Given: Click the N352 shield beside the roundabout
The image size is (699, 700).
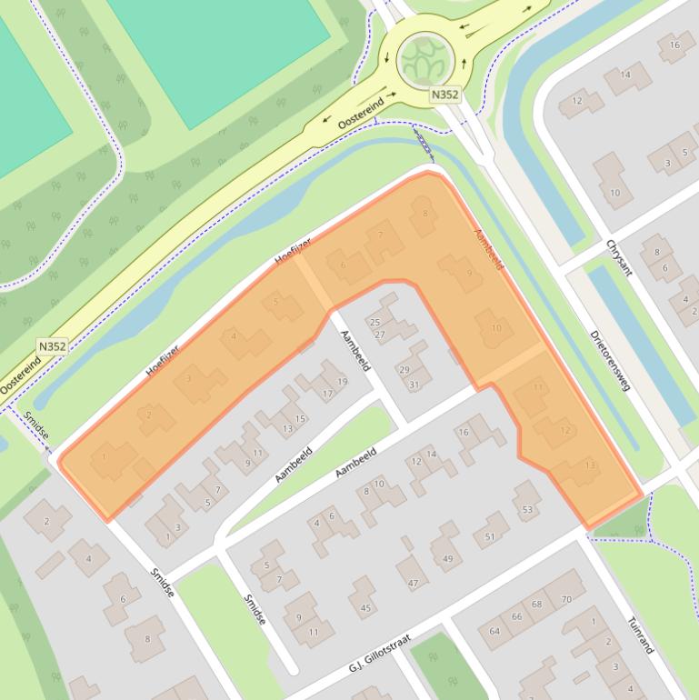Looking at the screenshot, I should point(444,94).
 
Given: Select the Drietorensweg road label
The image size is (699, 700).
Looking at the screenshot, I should point(608,360).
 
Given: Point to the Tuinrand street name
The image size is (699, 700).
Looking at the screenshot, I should point(640,635).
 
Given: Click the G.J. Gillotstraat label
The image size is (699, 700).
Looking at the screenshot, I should point(380,654).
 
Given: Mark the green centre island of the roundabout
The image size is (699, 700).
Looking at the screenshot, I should point(424,59).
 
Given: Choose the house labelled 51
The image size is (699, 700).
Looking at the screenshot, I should point(491,536).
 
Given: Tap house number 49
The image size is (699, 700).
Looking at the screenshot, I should point(447,558).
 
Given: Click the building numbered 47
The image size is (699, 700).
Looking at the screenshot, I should point(413,583).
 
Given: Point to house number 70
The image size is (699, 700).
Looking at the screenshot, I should point(565,599).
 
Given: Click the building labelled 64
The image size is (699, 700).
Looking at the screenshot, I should point(495,631).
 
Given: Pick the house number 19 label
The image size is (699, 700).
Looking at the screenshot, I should point(342,382).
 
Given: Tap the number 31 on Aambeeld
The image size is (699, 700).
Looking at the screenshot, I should point(414,385).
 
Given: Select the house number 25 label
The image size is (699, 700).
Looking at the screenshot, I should point(375,323).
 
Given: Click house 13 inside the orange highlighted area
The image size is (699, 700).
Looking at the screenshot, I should point(590,465).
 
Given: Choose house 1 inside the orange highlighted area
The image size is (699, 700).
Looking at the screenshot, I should point(105,456).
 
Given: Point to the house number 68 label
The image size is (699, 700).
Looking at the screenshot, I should point(536,605).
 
